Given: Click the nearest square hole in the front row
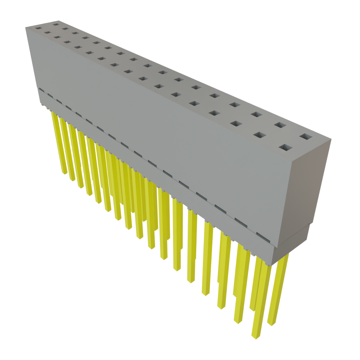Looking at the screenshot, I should click(286, 147).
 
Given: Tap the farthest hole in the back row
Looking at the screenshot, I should click(56, 25).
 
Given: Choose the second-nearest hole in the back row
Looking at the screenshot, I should click(279, 125).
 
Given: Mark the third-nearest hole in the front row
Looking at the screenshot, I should click(236, 124).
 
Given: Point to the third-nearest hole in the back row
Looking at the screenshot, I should click(256, 114).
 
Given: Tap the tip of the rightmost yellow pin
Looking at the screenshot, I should click(271, 323).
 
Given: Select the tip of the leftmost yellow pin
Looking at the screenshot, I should click(63, 173).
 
